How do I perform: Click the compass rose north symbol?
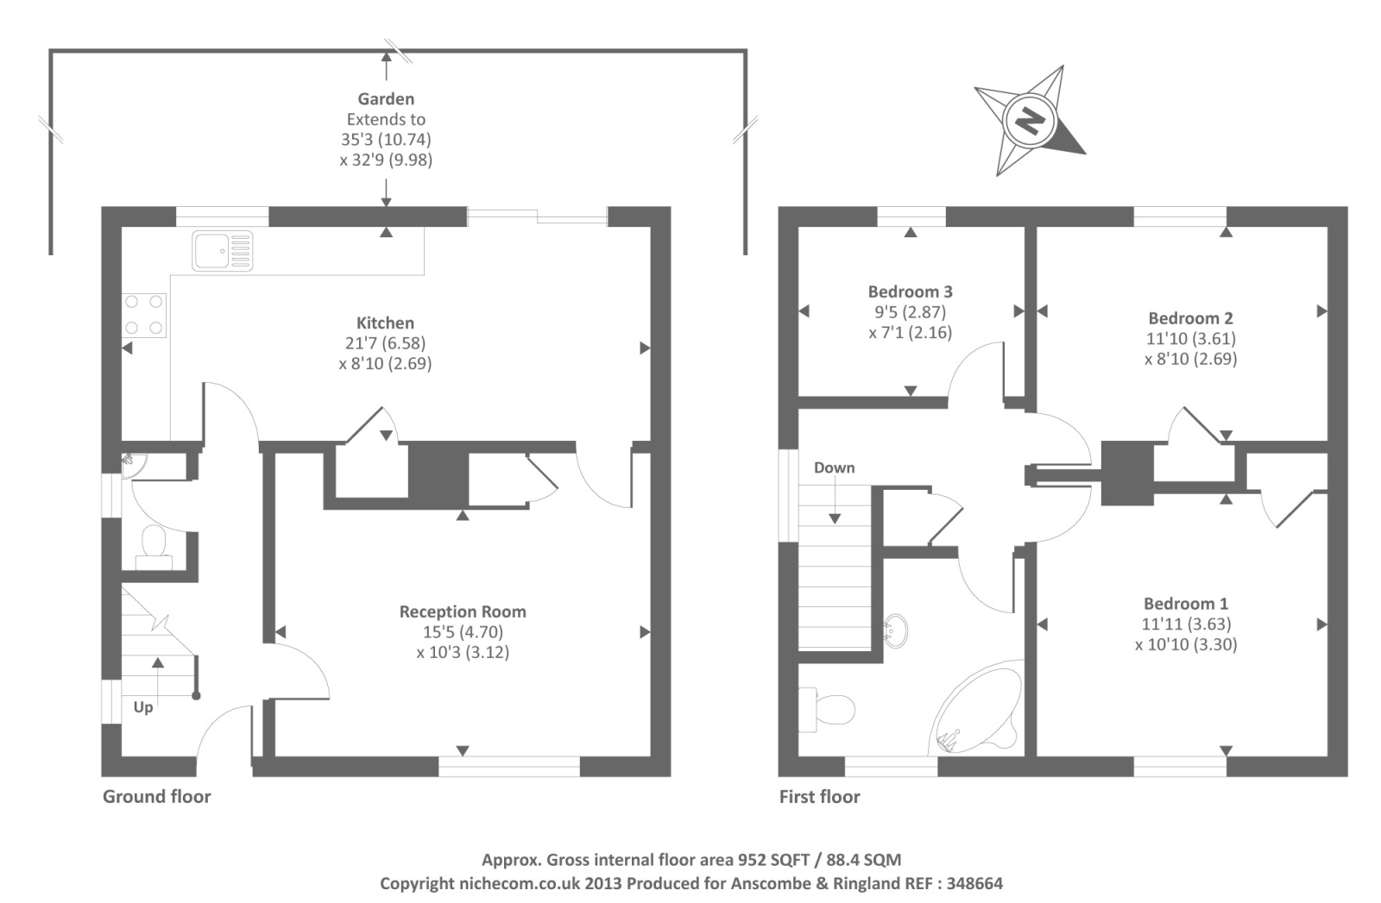coord(1028,121)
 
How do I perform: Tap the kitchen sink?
coord(222,250)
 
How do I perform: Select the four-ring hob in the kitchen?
coord(144,315)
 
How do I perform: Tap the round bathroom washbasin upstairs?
coord(896,630)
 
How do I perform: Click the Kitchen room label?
coord(385,323)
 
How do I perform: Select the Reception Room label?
coord(462,611)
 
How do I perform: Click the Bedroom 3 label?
coord(910,292)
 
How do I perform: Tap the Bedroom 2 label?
coord(1190,318)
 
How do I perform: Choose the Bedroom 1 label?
coord(1185,604)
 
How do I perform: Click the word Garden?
coord(386,99)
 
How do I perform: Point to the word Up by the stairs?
coord(143,707)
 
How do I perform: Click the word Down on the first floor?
coord(834,467)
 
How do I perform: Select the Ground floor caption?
coord(156,796)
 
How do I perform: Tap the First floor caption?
coord(819,796)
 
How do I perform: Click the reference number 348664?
coord(974,883)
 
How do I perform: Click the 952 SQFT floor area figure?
coord(772,859)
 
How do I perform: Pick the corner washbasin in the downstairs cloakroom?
coord(132,462)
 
